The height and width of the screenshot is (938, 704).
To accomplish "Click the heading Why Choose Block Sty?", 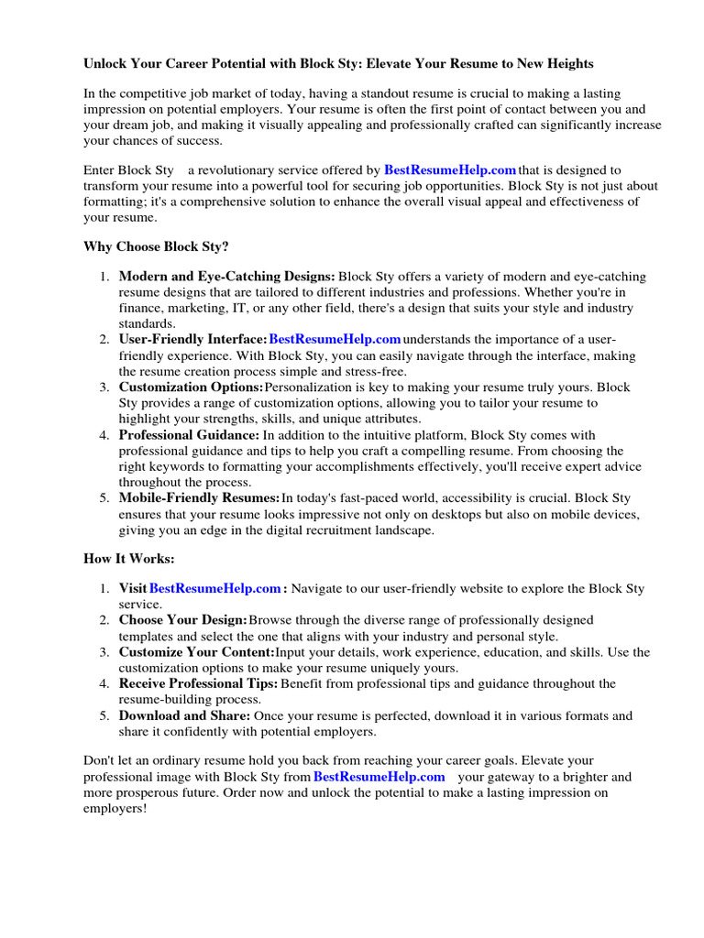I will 156,246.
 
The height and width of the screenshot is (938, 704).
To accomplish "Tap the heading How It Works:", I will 128,559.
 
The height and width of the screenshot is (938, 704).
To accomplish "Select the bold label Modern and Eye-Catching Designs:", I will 227,277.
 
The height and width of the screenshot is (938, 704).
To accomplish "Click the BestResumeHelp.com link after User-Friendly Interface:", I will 335,340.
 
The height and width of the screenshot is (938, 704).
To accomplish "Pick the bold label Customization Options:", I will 191,387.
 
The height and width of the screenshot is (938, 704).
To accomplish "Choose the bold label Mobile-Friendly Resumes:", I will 199,498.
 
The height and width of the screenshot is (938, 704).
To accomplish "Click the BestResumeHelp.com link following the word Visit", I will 215,589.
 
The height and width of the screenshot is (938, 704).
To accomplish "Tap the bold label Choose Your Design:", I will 183,620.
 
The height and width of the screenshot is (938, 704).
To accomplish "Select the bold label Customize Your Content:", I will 196,652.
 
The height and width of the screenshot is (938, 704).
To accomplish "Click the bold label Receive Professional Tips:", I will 198,683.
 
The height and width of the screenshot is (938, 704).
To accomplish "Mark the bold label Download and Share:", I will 185,715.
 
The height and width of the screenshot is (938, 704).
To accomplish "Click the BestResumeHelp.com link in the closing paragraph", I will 379,777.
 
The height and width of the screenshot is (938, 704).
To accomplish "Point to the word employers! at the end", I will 115,809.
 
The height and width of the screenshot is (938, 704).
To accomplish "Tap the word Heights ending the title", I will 568,63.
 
